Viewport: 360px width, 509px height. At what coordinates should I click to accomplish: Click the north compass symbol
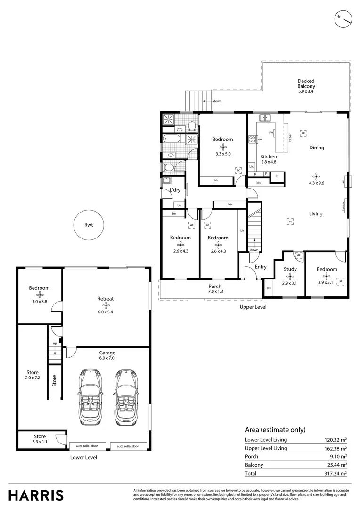[344, 19]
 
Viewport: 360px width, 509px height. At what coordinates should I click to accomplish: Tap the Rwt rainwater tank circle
[89, 225]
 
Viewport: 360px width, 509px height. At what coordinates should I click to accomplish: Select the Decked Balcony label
[306, 83]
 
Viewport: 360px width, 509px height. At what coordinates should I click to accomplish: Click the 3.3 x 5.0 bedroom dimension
[223, 154]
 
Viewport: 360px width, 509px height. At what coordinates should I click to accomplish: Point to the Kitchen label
[269, 156]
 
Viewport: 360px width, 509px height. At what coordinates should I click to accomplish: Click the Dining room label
[316, 148]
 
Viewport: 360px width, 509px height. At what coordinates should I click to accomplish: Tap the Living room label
[316, 214]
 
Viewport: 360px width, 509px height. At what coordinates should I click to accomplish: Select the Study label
[290, 269]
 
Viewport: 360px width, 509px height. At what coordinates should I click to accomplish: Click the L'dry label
[175, 190]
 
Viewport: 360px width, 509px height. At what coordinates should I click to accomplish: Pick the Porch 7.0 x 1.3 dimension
[215, 292]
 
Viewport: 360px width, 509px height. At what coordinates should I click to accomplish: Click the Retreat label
[106, 299]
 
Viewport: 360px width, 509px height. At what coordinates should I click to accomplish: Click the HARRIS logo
[36, 495]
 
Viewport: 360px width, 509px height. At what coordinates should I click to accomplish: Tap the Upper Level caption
[254, 307]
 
